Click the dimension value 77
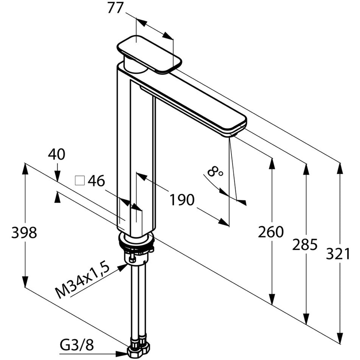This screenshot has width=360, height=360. [x=115, y=8]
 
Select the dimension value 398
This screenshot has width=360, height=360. [x=24, y=233]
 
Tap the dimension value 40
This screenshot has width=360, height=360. [x=57, y=154]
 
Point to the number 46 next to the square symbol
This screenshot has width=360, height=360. [x=96, y=181]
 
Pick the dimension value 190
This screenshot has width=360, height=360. [x=182, y=200]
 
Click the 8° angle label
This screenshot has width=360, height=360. [x=215, y=172]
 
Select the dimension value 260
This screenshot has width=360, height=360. [x=271, y=232]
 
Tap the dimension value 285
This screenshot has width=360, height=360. [x=305, y=245]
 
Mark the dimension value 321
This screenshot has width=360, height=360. [x=338, y=254]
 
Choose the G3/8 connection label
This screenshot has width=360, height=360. [x=76, y=346]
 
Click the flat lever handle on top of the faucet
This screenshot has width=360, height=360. [x=149, y=54]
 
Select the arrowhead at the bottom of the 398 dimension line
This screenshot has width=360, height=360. [x=25, y=281]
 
